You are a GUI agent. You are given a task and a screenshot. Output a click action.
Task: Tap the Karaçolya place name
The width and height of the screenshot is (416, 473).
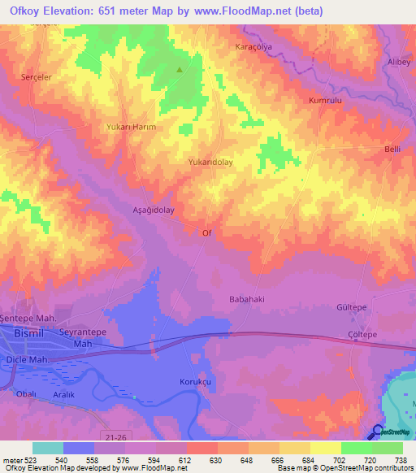(x=253, y=46)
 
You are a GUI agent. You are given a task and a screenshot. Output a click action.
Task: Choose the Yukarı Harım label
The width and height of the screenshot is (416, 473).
(x=131, y=128)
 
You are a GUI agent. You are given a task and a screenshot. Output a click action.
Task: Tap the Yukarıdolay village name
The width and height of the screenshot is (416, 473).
(x=211, y=162)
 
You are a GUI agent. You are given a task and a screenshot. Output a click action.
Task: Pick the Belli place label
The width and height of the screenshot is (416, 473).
(x=392, y=150)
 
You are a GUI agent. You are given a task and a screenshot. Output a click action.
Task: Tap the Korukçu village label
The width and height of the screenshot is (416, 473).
(x=195, y=381)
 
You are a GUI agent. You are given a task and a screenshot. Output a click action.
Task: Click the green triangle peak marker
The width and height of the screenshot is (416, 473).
(x=180, y=69)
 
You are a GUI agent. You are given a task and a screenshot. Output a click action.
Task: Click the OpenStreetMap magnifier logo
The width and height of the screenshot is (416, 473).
(x=378, y=431)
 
